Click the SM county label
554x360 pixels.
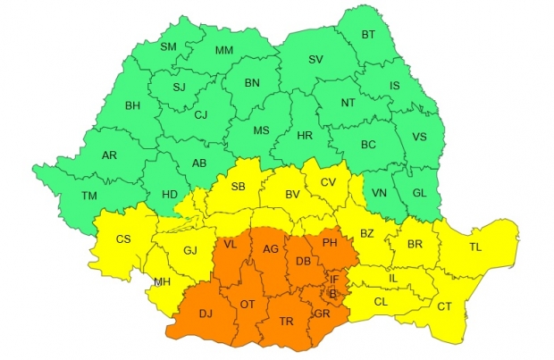click(x=168, y=46)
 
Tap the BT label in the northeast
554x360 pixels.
click(x=368, y=35)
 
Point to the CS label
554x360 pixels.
click(x=124, y=239)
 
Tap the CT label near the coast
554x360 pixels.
click(x=445, y=306)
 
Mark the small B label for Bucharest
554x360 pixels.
click(x=333, y=293)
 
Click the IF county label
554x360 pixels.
click(x=333, y=279)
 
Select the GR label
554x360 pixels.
click(x=322, y=314)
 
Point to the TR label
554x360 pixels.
click(x=286, y=322)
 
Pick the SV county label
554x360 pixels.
click(x=315, y=59)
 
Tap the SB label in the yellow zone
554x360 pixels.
click(x=238, y=186)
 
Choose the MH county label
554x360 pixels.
click(x=162, y=282)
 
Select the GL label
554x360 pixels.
click(x=420, y=193)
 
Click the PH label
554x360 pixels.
click(x=330, y=243)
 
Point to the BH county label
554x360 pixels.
click(x=132, y=105)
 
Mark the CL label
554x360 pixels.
click(x=381, y=302)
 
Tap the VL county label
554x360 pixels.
click(x=230, y=244)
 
